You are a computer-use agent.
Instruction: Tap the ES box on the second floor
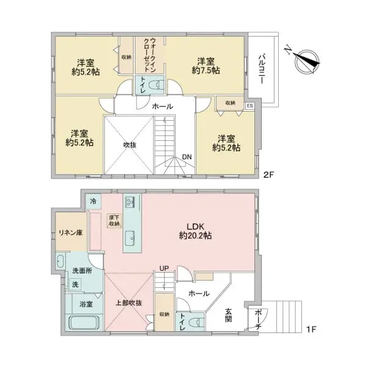[249, 106]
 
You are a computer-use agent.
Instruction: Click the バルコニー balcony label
[262, 69]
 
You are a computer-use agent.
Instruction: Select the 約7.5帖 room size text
[206, 71]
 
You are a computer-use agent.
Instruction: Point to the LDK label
[195, 226]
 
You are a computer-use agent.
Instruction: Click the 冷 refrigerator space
[93, 201]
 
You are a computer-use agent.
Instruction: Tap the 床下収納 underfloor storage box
[115, 221]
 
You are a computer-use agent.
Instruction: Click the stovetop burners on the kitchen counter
[129, 202]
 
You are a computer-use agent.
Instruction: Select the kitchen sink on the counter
[131, 238]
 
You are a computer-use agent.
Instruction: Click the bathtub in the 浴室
[84, 323]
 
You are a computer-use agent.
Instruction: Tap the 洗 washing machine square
[75, 284]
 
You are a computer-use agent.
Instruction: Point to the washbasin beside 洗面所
[60, 261]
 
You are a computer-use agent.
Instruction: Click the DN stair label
[187, 157]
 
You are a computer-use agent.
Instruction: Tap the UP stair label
[164, 268]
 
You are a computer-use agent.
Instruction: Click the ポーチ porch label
[258, 320]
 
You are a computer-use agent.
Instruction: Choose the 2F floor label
[268, 175]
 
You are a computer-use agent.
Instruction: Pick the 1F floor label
[311, 329]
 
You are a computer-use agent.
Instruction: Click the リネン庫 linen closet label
[71, 233]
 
